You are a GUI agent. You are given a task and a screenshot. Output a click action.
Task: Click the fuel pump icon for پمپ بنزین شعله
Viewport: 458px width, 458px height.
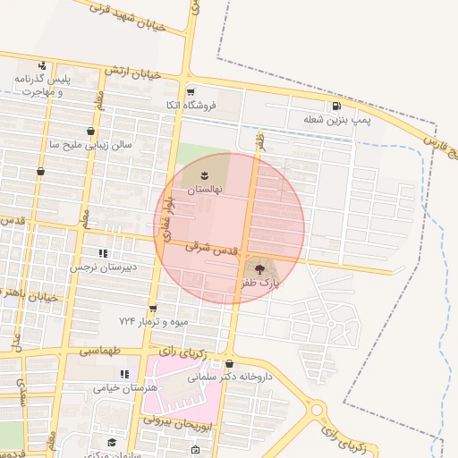point(335,106)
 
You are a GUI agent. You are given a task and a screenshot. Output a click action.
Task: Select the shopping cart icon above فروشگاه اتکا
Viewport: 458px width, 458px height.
point(190,92)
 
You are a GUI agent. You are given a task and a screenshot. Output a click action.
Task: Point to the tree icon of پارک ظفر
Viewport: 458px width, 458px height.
point(259,267)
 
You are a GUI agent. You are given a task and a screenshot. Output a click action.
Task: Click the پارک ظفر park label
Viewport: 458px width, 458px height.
point(259,283)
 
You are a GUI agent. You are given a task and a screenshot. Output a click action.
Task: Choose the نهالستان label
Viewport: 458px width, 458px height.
point(205,190)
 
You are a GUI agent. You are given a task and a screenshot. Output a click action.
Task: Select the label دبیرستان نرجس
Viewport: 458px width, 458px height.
point(102,267)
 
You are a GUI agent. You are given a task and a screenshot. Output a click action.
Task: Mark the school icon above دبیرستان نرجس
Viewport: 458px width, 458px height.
point(102,253)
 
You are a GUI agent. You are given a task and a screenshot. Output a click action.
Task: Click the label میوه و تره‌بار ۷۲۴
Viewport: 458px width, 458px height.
point(155,320)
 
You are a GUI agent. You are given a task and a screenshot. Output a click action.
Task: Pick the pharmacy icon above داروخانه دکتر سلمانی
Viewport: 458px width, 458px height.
point(230,364)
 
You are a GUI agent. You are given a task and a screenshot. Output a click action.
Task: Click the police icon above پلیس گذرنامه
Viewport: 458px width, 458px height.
point(42,65)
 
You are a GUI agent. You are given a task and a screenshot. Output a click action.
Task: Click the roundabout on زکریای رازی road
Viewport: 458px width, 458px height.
point(317,410)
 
